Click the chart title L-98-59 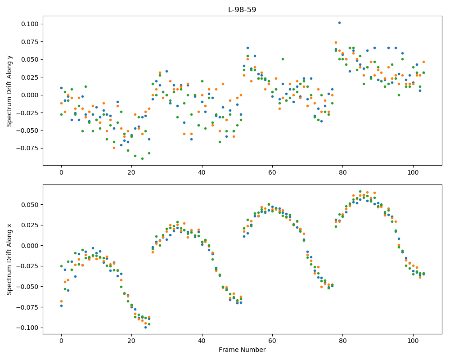pos(242,9)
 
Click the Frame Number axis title pos(242,350)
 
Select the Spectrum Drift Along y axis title pos(9,90)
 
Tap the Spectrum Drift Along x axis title pos(9,259)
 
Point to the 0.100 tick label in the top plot pos(30,24)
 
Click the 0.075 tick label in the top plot pos(30,42)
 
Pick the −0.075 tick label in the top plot pos(27,148)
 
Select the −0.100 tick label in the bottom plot pos(27,328)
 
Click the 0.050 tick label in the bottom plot pos(30,205)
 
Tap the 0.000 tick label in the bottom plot pos(30,246)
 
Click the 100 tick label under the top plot pos(413,172)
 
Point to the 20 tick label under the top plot pos(131,172)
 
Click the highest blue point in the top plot pos(339,22)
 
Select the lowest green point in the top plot pos(142,158)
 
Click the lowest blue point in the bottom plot pos(145,327)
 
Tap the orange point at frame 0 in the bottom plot pos(61,301)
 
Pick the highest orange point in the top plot pos(336,42)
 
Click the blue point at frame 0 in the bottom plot pos(61,306)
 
